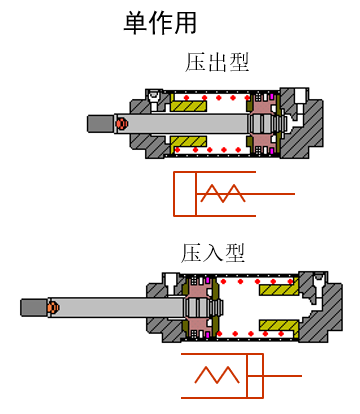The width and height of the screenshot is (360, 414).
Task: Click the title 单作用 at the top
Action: pos(160,22)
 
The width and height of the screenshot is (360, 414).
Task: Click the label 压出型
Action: pos(217,62)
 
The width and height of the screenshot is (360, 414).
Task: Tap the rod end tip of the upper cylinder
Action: pos(99,123)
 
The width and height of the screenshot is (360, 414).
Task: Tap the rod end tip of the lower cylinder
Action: pos(31,307)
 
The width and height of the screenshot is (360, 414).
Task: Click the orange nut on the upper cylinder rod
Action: pos(121,123)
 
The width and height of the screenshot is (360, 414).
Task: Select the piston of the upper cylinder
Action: pos(262,123)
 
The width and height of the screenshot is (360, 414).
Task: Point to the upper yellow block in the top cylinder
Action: pos(188,104)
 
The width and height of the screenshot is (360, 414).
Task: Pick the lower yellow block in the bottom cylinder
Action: pos(278,326)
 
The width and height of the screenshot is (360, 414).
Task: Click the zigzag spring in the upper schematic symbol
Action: pos(222,192)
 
